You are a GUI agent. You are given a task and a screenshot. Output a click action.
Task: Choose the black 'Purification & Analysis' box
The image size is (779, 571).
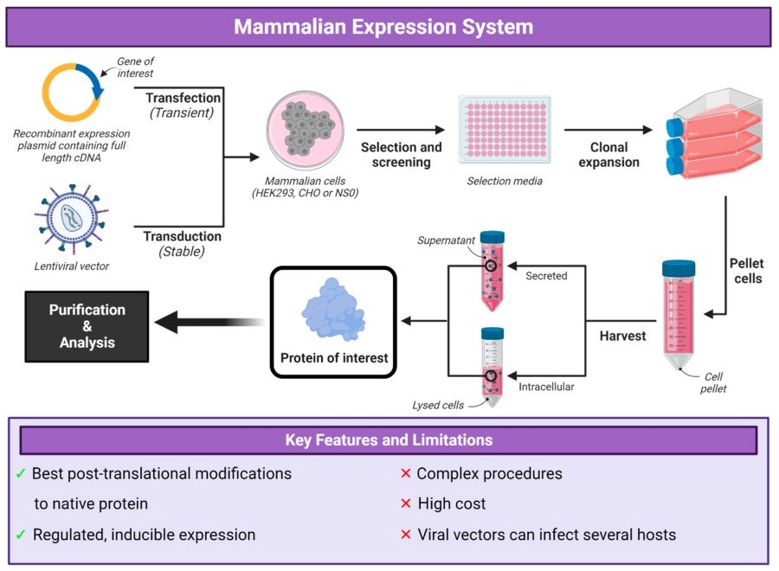[87, 326]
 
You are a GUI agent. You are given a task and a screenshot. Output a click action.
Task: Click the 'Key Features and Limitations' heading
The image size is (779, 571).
[389, 440]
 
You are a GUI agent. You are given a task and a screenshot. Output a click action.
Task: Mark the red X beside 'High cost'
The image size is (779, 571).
[404, 504]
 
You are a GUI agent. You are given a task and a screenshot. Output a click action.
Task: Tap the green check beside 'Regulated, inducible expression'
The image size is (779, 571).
[21, 535]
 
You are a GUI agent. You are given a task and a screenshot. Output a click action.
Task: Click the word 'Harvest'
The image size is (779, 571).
[623, 336]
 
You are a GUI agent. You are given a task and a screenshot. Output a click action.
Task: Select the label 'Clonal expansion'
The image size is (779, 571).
[608, 155]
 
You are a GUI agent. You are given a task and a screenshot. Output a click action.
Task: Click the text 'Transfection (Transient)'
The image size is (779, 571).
[179, 105]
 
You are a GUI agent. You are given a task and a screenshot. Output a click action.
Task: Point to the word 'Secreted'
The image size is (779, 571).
[546, 276]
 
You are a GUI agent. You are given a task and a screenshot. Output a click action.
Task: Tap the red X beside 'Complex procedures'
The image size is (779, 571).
[404, 474]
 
